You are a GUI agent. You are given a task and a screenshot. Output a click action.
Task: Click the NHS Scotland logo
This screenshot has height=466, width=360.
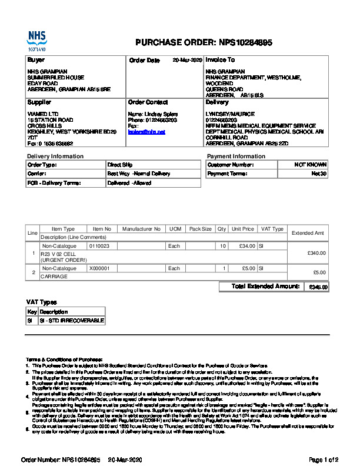coord(36,41)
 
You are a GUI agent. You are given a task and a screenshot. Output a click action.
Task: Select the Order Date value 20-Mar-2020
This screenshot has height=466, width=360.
coord(187,60)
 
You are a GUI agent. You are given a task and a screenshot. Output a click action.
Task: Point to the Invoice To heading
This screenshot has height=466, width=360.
coord(220,60)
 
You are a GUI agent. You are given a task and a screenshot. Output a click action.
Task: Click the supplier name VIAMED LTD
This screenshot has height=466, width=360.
coord(43,114)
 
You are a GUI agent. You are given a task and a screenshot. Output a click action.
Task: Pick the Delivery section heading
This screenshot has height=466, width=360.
coord(217,102)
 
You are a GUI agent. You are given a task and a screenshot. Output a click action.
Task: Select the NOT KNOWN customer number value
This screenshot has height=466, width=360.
coord(310,165)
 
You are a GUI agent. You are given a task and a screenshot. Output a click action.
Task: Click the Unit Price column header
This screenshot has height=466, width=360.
coord(243,229)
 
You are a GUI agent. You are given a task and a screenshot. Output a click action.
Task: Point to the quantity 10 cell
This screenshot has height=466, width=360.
coord(222,246)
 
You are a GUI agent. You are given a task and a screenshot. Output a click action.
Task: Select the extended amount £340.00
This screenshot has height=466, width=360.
coord(316,252)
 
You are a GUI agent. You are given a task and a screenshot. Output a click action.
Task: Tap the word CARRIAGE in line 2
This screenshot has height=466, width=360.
coord(54,275)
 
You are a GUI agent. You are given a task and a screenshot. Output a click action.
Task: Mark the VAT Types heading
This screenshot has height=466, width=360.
coord(42,301)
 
